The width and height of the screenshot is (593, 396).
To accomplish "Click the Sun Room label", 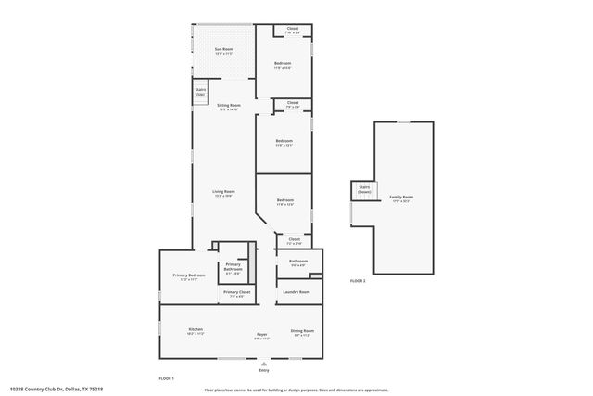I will click(x=223, y=50).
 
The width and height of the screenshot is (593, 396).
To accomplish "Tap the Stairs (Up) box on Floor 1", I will click(x=200, y=93).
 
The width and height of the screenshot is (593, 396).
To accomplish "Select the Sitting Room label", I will click(x=228, y=107).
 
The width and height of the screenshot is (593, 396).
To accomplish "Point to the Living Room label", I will click(x=223, y=193).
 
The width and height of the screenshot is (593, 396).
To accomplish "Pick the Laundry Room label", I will click(x=296, y=292).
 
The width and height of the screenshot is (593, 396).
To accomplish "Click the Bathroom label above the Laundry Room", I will click(x=297, y=262).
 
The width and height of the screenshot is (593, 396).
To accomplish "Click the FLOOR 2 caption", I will click(x=358, y=280).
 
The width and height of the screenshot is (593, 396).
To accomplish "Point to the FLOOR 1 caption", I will click(x=167, y=377).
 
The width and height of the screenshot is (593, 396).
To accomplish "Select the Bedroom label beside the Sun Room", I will click(x=283, y=65).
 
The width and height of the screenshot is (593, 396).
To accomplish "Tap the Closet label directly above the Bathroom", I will click(x=294, y=240).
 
